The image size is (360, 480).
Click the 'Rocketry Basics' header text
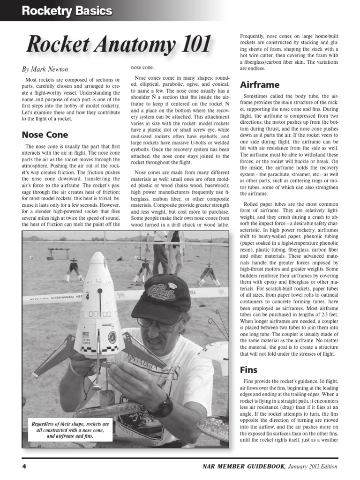click(x=67, y=11)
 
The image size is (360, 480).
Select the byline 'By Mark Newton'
click(x=45, y=69)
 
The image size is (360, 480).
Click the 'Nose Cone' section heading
click(x=45, y=135)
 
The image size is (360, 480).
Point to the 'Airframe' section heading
click(x=260, y=85)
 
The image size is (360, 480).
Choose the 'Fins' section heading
click(x=249, y=369)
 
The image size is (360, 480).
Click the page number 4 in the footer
click(x=24, y=466)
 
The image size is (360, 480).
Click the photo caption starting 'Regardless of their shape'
click(x=70, y=430)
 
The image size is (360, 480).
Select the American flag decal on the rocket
click(x=85, y=334)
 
